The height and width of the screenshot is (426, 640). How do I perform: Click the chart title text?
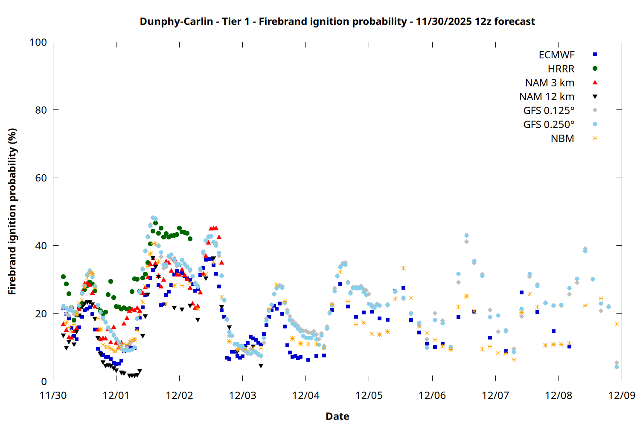337,21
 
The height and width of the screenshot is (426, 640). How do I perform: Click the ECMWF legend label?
556,55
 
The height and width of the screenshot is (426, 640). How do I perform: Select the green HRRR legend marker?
595,69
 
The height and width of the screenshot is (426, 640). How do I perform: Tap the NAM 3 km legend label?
550,83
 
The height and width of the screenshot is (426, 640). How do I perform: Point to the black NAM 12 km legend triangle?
595,97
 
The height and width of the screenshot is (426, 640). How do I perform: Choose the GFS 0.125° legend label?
549,111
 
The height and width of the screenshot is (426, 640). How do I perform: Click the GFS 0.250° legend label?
549,125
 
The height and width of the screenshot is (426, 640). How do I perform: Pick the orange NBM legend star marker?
595,138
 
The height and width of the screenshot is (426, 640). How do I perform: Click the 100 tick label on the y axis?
38,42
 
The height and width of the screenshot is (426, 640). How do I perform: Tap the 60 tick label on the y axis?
41,178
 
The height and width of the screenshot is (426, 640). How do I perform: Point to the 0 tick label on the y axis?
44,381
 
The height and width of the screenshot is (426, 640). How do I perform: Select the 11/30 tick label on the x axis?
53,395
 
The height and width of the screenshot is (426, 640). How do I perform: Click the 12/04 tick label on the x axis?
306,395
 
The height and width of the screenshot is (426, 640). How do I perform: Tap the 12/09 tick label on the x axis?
622,395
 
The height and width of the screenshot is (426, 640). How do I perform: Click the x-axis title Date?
337,416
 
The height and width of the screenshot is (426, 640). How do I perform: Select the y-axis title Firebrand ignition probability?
12,211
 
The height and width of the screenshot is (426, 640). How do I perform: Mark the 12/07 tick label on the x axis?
495,395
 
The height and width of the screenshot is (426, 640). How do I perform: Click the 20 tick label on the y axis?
41,314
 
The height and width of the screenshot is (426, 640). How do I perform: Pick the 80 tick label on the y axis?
41,110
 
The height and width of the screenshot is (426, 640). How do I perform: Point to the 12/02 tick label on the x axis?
179,395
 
